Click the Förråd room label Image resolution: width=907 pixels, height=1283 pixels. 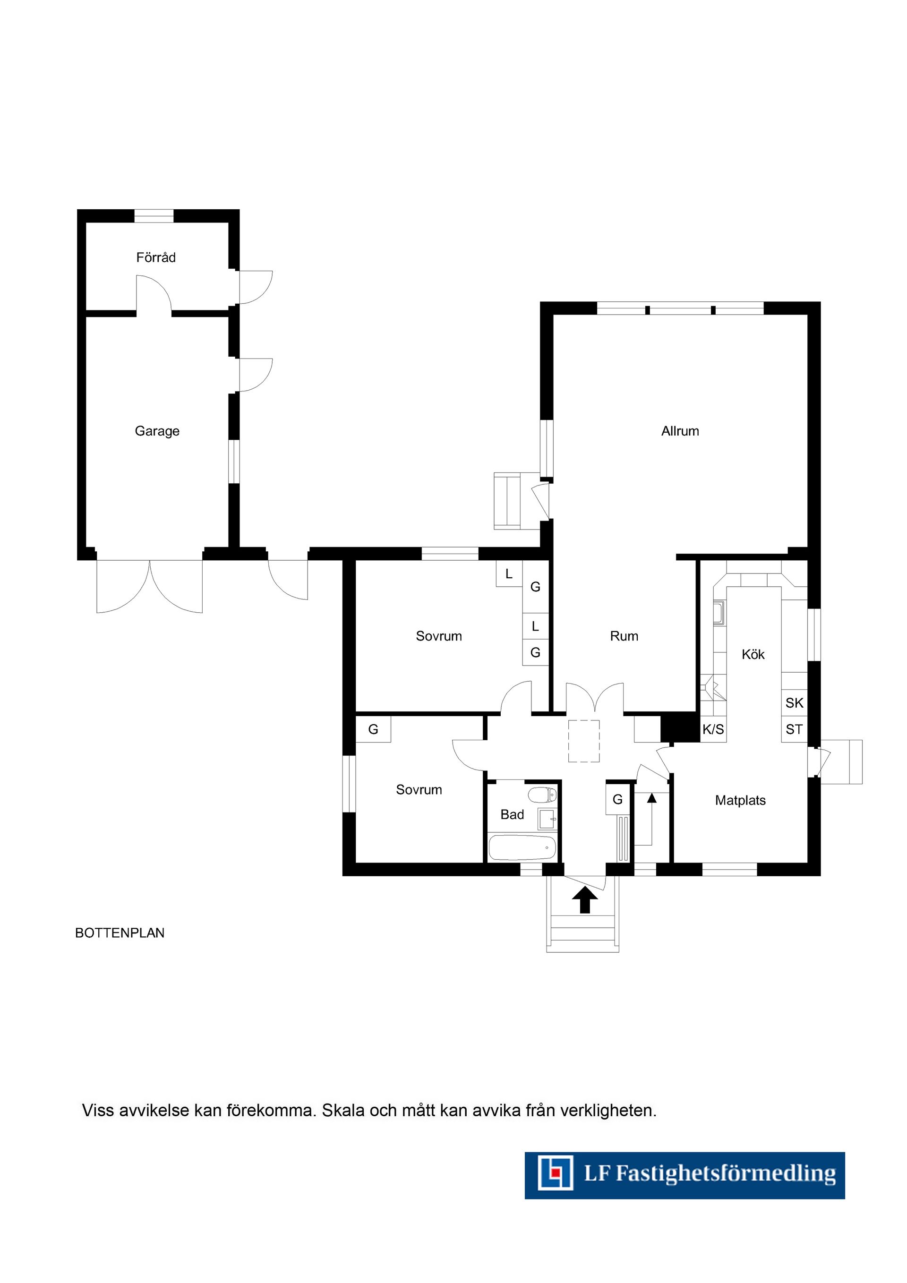click(156, 257)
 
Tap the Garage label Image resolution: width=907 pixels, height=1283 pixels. click(157, 431)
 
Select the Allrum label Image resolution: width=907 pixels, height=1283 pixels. click(680, 431)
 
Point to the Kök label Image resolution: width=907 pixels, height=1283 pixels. click(753, 654)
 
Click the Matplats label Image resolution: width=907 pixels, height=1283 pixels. click(740, 800)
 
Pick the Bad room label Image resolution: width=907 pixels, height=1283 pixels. click(512, 815)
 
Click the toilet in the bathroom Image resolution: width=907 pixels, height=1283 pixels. click(542, 794)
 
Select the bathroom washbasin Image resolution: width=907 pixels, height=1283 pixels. click(547, 819)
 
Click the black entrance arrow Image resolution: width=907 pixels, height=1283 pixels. click(584, 900)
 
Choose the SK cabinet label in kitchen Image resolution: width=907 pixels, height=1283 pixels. click(794, 703)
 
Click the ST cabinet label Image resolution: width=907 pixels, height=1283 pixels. click(794, 729)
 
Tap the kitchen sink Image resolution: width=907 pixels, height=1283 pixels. click(719, 613)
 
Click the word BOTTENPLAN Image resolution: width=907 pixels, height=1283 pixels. click(120, 933)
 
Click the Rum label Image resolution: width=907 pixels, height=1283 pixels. click(624, 636)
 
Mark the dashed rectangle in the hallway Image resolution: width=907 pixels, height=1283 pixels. click(583, 741)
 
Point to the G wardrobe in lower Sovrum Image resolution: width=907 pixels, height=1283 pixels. click(373, 729)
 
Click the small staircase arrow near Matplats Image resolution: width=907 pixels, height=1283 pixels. click(651, 799)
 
